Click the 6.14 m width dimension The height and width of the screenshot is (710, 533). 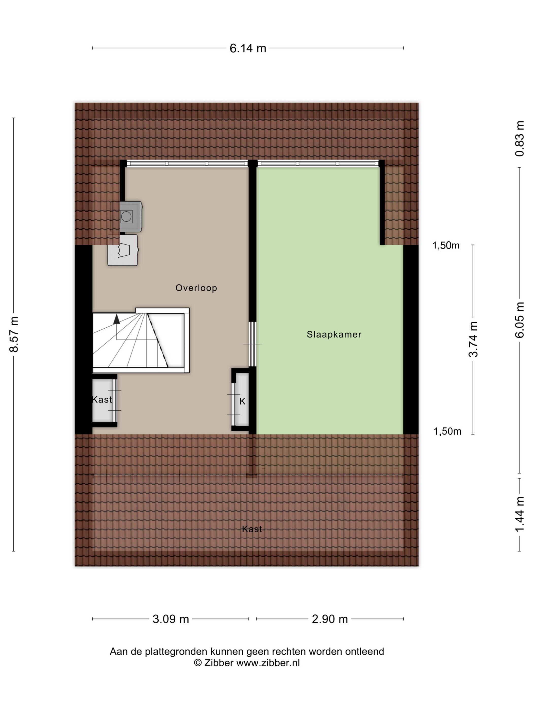click(x=248, y=48)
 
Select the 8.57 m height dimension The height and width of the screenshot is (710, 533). click(x=14, y=334)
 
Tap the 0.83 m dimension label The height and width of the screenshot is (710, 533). click(x=520, y=139)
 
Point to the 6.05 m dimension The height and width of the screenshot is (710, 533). click(x=520, y=320)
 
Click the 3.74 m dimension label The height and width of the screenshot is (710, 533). click(x=473, y=339)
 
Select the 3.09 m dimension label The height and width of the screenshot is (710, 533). click(x=171, y=619)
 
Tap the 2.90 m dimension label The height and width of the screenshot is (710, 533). click(x=330, y=619)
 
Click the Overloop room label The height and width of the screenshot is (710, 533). click(x=196, y=288)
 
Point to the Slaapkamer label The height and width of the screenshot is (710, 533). click(x=334, y=334)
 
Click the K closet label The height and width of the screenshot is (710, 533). click(x=242, y=401)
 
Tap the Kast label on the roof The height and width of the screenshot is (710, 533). click(x=252, y=529)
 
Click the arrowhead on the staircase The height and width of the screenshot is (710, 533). click(x=116, y=319)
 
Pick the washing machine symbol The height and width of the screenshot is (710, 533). click(x=130, y=217)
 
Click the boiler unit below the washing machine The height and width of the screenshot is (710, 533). click(x=123, y=250)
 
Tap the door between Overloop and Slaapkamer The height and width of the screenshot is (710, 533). click(x=253, y=344)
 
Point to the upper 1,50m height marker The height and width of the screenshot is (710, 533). click(x=446, y=245)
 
